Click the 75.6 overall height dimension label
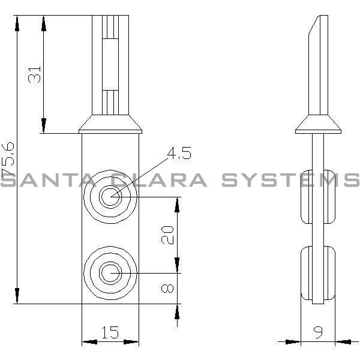pyautogui.click(x=8, y=158)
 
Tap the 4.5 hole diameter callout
pyautogui.click(x=179, y=154)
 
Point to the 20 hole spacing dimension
pyautogui.click(x=169, y=235)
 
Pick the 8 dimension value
pyautogui.click(x=169, y=289)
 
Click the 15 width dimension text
pyautogui.click(x=110, y=332)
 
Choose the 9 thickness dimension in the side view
pyautogui.click(x=318, y=332)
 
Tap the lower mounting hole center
pyautogui.click(x=110, y=273)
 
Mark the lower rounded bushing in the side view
pyautogui.click(x=319, y=273)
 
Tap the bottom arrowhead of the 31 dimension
pyautogui.click(x=43, y=127)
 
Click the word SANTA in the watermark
pyautogui.click(x=45, y=180)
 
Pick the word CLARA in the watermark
pyautogui.click(x=160, y=180)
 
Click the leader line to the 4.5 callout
pyautogui.click(x=141, y=172)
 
